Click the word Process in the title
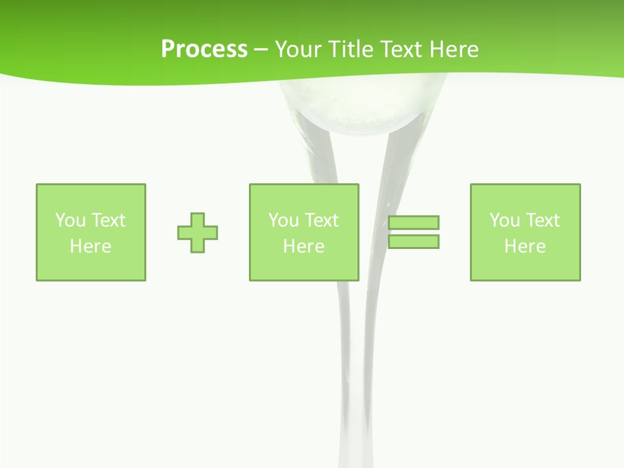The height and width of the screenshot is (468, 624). point(204,49)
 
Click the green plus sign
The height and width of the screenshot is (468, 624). point(198,233)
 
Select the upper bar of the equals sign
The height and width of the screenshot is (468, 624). point(413,222)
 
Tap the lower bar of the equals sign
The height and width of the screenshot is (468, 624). point(413,242)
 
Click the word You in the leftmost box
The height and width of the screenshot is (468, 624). point(70,220)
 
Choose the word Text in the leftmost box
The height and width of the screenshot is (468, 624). point(108,220)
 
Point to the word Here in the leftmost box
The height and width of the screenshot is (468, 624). point(90,246)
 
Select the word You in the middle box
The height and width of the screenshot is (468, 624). point(283,220)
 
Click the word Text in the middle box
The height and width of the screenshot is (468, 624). point(321,220)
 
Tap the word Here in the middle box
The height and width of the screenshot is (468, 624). point(304,246)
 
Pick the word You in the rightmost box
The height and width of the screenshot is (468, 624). point(504,220)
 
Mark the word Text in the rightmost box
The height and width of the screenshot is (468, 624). point(542,220)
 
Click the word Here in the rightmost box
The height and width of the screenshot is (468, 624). point(525,246)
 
